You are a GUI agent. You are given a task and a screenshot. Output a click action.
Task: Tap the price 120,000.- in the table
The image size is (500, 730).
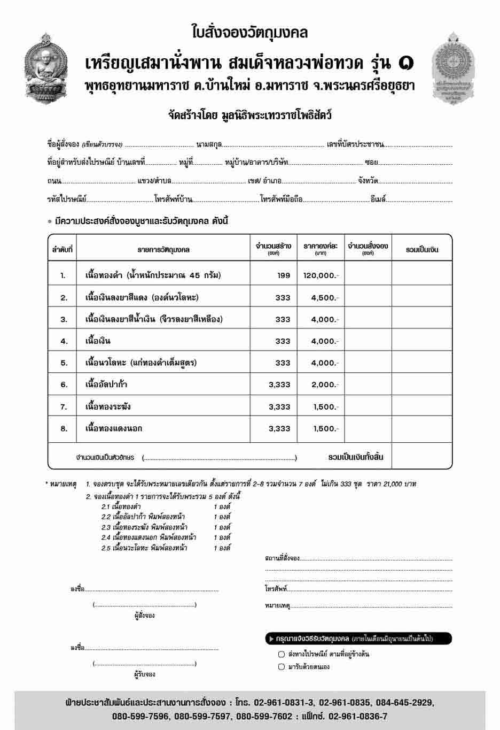321,275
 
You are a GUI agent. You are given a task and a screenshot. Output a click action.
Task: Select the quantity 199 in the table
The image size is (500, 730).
284,275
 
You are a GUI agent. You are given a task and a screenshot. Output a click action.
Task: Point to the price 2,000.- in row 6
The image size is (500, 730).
324,385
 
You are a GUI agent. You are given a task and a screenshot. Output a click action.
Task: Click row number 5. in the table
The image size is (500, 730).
64,363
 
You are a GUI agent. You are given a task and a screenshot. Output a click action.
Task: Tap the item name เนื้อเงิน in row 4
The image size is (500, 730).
98,341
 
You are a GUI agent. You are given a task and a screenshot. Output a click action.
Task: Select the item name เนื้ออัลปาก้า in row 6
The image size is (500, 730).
106,385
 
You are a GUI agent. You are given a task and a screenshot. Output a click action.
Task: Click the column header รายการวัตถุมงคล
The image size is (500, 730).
163,250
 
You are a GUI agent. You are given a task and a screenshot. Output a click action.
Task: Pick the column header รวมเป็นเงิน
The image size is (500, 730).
422,250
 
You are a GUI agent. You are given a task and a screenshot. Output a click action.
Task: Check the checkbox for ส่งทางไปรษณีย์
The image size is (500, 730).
282,654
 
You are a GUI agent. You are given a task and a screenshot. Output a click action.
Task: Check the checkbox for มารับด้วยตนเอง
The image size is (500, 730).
282,667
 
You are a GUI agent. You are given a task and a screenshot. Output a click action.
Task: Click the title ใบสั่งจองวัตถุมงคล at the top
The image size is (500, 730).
249,33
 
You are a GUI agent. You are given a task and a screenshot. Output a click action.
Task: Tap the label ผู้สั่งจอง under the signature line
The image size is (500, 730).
144,616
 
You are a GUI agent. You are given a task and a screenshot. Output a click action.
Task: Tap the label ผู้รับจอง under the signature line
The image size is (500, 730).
144,674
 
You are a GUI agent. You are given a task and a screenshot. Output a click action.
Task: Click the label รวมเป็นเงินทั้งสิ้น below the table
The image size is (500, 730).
356,457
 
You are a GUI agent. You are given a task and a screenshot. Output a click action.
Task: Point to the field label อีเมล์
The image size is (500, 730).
378,199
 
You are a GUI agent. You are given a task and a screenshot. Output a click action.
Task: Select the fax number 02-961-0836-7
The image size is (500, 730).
358,717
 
